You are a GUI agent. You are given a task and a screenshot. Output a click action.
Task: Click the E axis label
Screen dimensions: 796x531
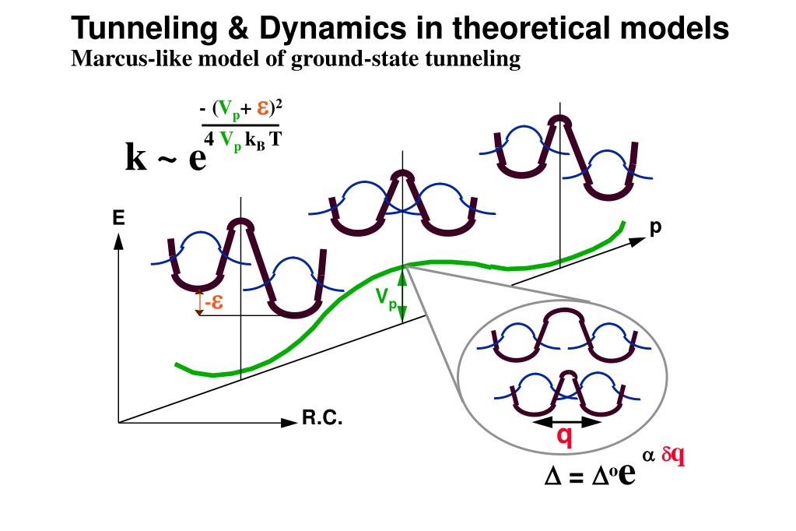click(x=118, y=219)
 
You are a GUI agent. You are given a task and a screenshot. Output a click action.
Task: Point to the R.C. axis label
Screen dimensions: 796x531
click(x=322, y=420)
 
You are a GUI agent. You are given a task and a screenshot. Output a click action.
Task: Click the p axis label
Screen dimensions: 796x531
click(x=655, y=227)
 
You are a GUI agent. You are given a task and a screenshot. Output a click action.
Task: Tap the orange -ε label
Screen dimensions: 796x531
click(x=214, y=303)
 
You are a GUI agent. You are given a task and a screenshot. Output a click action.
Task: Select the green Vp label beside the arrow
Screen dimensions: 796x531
click(x=385, y=297)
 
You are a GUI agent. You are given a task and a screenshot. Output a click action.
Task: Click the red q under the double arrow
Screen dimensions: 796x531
click(x=566, y=438)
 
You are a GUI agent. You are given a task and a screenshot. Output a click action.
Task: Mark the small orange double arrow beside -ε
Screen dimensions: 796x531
click(x=199, y=302)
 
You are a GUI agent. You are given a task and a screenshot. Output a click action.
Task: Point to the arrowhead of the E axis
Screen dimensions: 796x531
click(x=119, y=241)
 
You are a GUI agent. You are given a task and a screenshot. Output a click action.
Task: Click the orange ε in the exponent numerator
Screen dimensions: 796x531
click(x=263, y=109)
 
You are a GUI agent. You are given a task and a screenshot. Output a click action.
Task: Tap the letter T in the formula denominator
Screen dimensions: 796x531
click(x=275, y=140)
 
